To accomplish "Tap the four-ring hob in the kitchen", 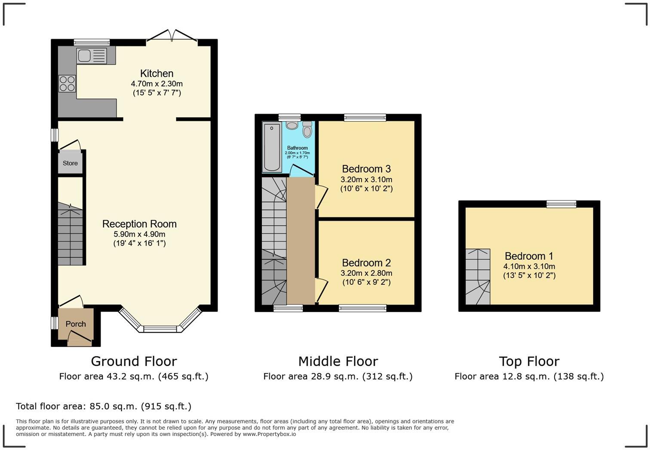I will pos(67,83).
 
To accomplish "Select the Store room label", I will pos(70,163).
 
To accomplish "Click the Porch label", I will pos(76,324).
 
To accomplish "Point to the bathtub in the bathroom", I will pos(272,146).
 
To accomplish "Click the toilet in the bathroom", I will pos(307,129).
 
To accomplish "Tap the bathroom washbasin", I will pos(292,125).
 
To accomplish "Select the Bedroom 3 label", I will pos(366,169).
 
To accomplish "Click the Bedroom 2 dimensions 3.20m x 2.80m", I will pos(366,273).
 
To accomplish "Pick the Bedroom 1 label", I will pos(529,256).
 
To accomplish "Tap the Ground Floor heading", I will pos(134,361).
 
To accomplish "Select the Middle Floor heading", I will pos(338,361).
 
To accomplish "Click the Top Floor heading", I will pos(529,361).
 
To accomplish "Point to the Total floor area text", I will pos(104,406).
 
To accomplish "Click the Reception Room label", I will pos(139,224).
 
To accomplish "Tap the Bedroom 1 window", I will pos(561,204).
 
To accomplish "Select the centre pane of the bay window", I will pos(160,329).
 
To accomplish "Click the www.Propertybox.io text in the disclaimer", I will pos(269,434).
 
